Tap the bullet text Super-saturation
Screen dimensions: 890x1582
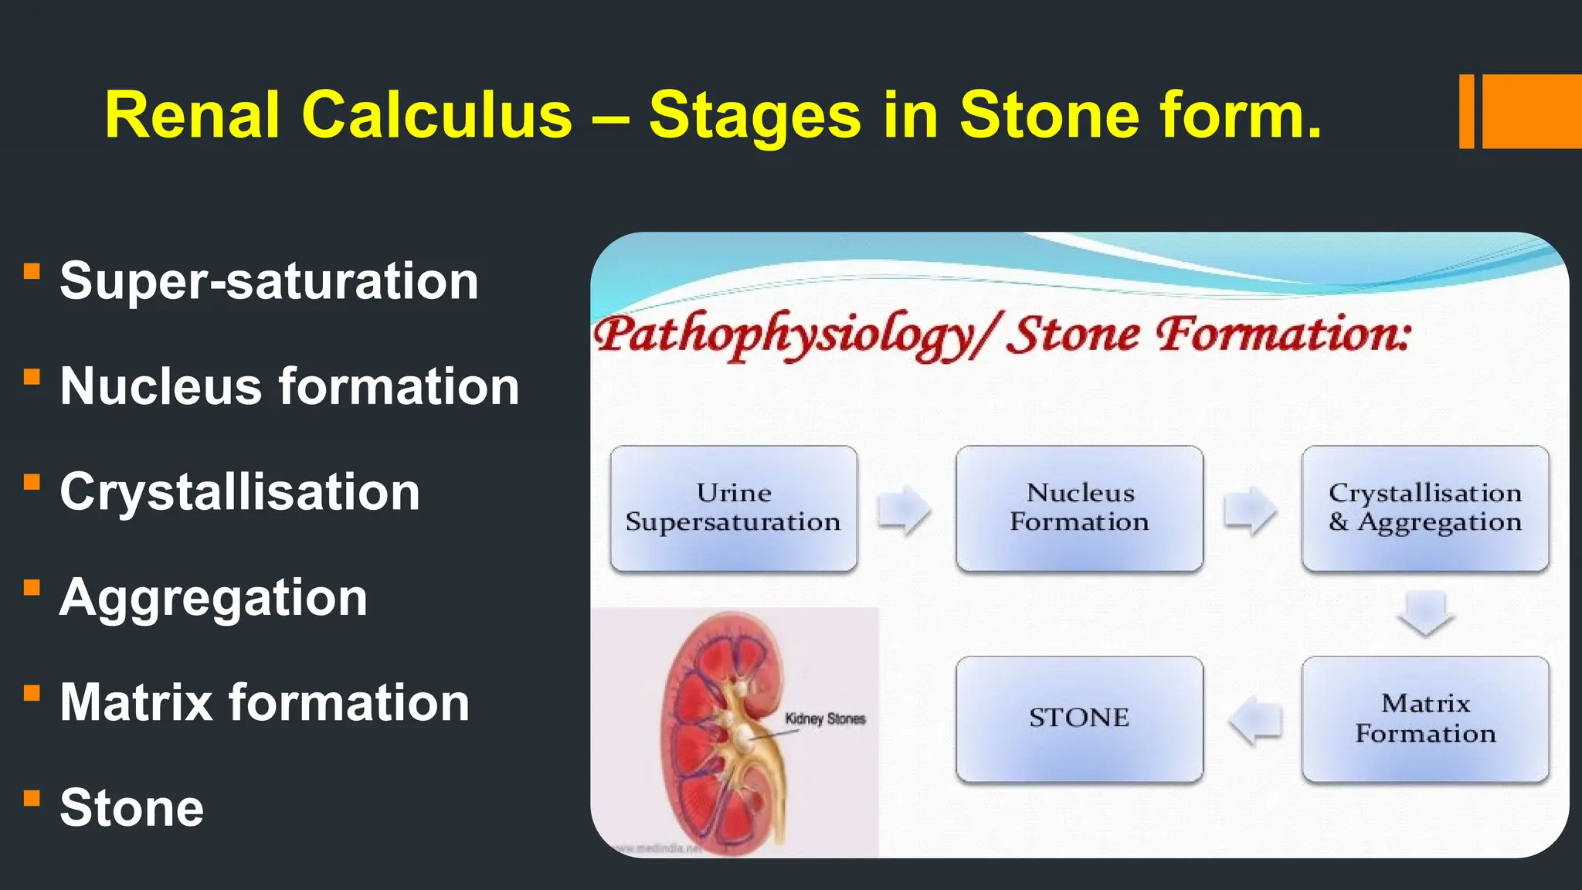[x=269, y=280]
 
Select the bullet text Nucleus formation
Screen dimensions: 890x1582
[x=289, y=386]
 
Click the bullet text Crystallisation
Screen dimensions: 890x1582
[x=239, y=492]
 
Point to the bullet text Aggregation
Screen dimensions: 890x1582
[x=213, y=598]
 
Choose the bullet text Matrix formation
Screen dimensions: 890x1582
[x=264, y=703]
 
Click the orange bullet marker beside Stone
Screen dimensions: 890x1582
[x=32, y=798]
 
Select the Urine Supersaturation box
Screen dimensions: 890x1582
[x=733, y=508]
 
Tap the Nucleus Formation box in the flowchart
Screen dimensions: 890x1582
[x=1079, y=508]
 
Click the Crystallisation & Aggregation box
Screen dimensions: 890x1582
[x=1424, y=508]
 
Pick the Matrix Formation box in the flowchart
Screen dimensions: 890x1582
[x=1424, y=718]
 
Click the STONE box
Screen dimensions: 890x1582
[x=1079, y=718]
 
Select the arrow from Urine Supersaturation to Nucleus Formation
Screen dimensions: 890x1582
[x=905, y=510]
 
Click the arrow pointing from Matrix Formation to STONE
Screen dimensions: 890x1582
[x=1255, y=721]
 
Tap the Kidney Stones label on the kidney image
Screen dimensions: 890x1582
[x=824, y=719]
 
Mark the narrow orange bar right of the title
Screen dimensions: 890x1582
[x=1466, y=111]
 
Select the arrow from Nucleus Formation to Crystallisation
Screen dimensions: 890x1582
[x=1250, y=510]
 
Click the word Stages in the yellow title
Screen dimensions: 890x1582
[x=754, y=115]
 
